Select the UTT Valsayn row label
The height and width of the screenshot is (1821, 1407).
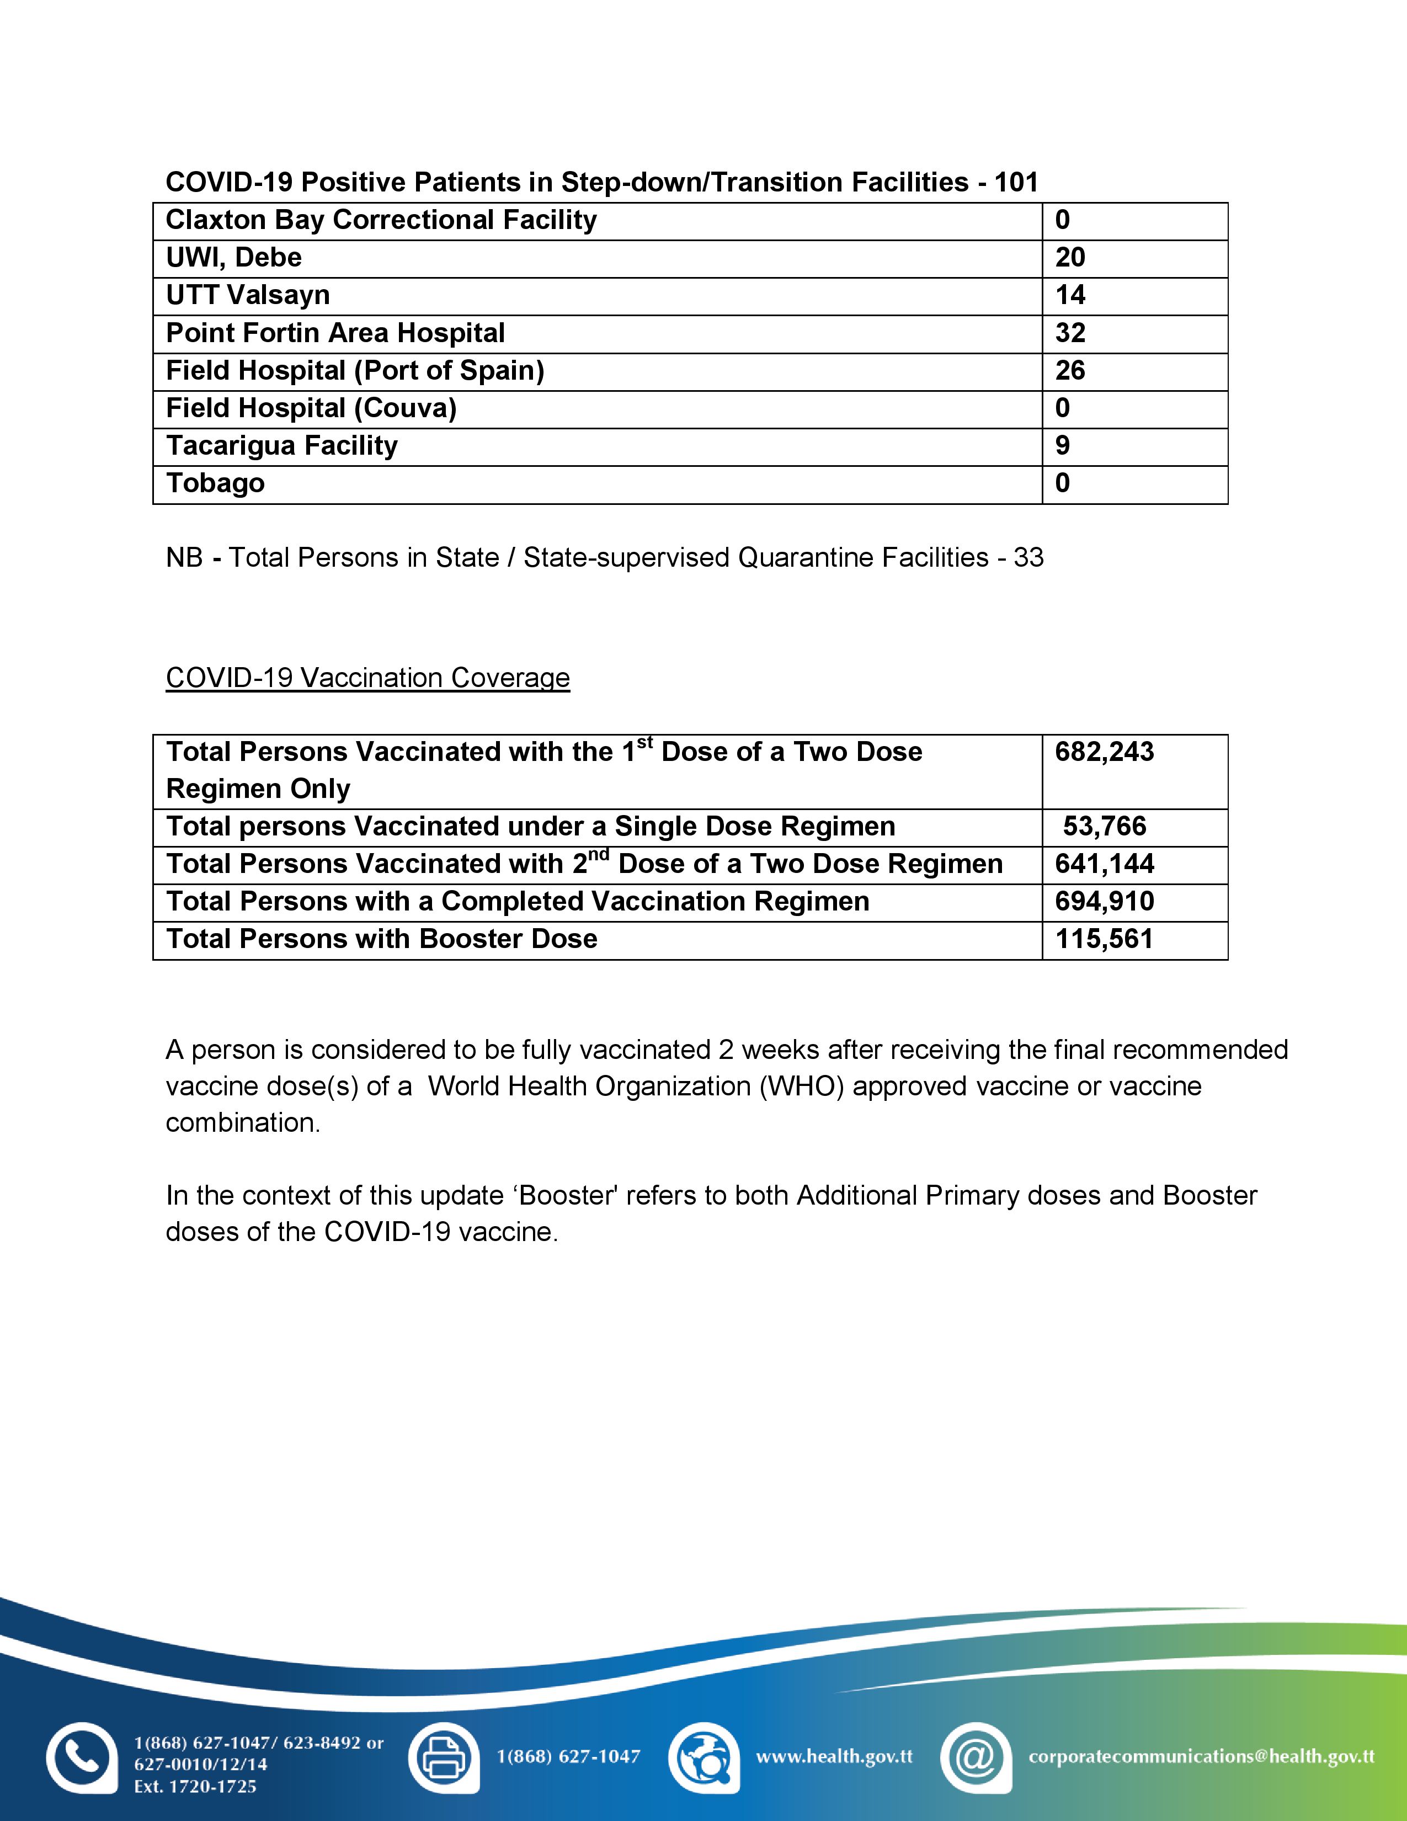[x=248, y=295]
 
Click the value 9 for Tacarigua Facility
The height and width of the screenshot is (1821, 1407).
[x=1062, y=445]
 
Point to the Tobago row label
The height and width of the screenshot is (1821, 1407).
[x=215, y=483]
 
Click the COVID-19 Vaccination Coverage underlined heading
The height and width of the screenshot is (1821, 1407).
[x=367, y=678]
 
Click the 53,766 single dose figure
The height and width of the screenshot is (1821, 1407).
[x=1105, y=826]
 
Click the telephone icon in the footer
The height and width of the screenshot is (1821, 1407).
[x=81, y=1756]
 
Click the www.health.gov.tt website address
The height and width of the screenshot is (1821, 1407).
[x=834, y=1756]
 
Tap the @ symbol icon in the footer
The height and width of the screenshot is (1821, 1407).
[x=974, y=1756]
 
